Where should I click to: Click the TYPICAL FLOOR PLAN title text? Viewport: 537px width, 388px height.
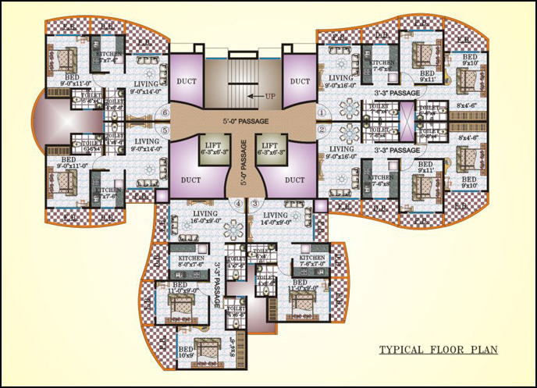438,350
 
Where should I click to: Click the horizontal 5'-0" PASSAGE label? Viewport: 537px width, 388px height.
242,122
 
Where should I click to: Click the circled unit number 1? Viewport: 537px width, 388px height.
321,112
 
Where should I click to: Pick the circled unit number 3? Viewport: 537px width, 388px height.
255,204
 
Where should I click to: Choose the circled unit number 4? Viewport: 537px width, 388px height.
239,204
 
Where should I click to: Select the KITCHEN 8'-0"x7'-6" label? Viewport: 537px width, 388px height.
192,261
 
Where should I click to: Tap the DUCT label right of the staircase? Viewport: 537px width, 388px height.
300,80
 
